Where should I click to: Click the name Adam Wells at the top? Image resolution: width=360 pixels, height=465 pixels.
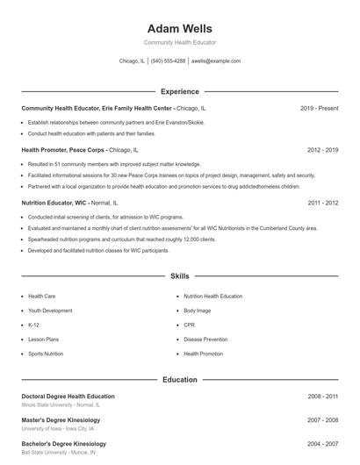179,28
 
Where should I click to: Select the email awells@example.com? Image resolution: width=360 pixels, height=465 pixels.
215,61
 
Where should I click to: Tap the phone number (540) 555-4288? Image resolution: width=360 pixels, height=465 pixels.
168,61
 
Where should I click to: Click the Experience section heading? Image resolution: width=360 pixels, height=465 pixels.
179,91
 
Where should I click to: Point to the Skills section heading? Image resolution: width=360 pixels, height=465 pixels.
179,275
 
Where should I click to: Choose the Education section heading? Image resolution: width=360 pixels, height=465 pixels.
179,379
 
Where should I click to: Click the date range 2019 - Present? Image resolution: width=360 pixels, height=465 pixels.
319,108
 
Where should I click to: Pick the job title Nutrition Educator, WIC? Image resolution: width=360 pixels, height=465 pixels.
54,203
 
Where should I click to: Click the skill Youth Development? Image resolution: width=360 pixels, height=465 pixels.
50,311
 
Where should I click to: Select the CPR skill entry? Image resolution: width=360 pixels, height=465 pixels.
189,325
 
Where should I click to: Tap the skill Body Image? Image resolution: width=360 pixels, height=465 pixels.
197,311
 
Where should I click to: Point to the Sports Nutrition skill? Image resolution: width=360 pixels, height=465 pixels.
46,354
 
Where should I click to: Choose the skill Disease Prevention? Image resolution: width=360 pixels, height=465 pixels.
205,339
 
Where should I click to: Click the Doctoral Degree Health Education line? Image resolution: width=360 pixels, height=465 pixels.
68,397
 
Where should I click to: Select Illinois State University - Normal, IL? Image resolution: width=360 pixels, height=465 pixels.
61,405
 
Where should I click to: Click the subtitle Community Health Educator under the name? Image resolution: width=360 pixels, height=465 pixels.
179,42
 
